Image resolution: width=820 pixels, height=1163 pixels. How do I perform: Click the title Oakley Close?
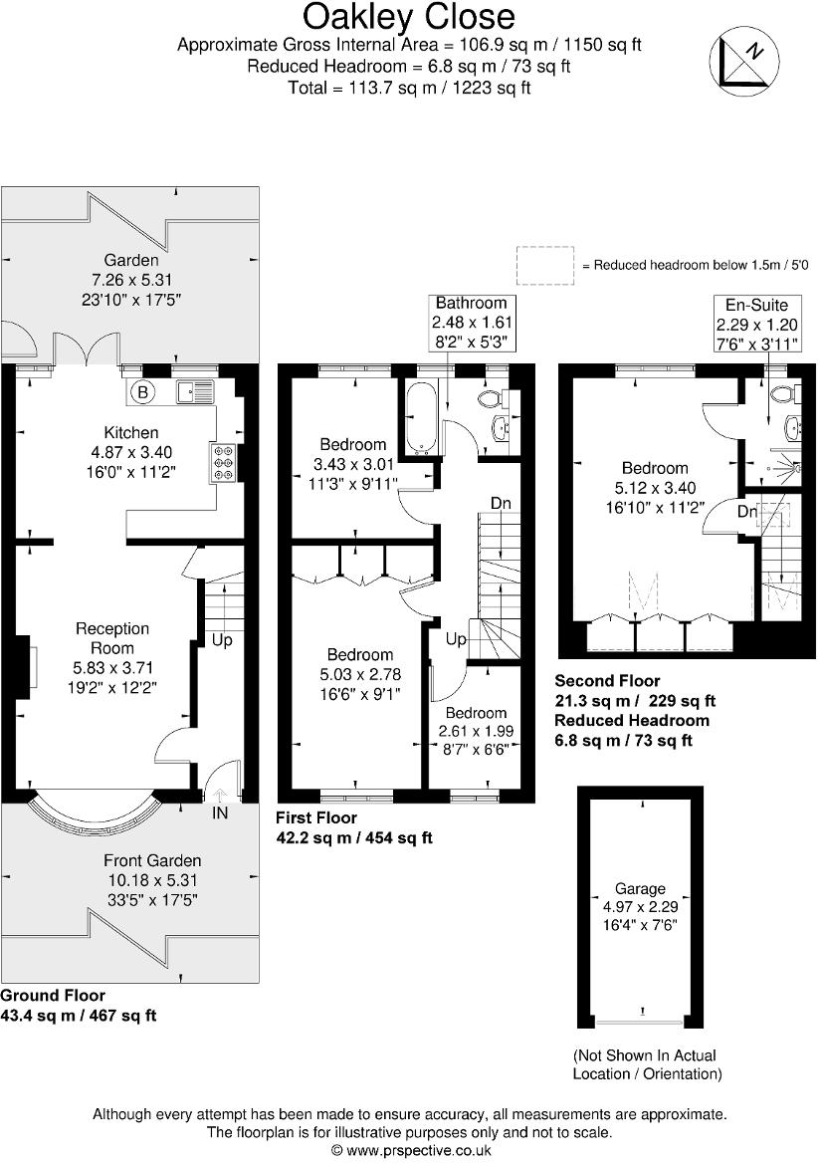coord(409,17)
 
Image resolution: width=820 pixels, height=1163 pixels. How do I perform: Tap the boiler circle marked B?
coord(142,392)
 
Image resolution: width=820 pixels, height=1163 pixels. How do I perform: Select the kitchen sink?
coord(195,392)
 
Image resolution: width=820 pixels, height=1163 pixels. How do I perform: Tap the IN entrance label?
coord(220,813)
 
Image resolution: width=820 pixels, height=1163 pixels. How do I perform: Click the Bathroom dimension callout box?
coord(471,322)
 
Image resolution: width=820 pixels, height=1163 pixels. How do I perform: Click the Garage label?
coord(640,889)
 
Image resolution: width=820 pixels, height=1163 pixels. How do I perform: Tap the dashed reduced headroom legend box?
coord(545,265)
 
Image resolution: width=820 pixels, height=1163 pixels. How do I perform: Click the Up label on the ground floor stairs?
coord(222,640)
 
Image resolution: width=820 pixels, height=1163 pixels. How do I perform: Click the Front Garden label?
coord(152,860)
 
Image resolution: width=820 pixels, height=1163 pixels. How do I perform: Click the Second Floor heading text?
coord(607,681)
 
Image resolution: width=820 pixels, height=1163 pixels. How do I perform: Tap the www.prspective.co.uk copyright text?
coord(410,1149)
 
